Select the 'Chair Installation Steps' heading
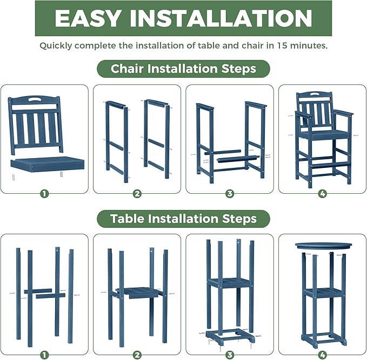coord(183,69)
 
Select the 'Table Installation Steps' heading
coord(183,219)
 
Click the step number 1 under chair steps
coord(44,193)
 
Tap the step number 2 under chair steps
coord(137,193)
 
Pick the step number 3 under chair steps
coord(230,193)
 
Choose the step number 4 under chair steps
coord(322,193)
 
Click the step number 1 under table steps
coord(44,355)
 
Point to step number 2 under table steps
coord(137,355)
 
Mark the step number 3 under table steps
coord(230,355)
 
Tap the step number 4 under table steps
coord(322,355)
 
